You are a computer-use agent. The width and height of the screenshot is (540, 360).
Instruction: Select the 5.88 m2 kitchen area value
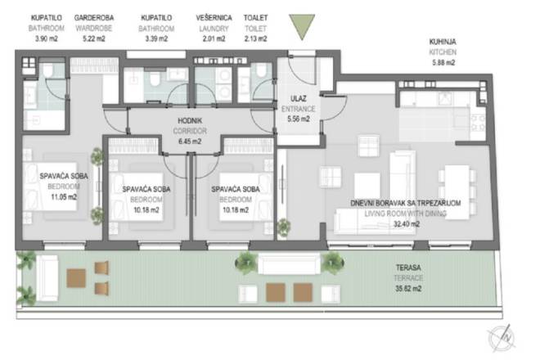click(443, 61)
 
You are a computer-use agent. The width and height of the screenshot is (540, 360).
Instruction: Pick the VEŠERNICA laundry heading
click(214, 17)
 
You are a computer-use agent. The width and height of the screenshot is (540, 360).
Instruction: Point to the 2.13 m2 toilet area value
click(255, 38)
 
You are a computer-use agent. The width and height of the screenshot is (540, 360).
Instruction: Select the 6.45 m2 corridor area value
click(189, 140)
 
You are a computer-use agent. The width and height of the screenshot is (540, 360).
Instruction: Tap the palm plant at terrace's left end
click(26, 264)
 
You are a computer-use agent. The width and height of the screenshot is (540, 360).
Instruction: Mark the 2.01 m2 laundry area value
click(214, 38)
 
